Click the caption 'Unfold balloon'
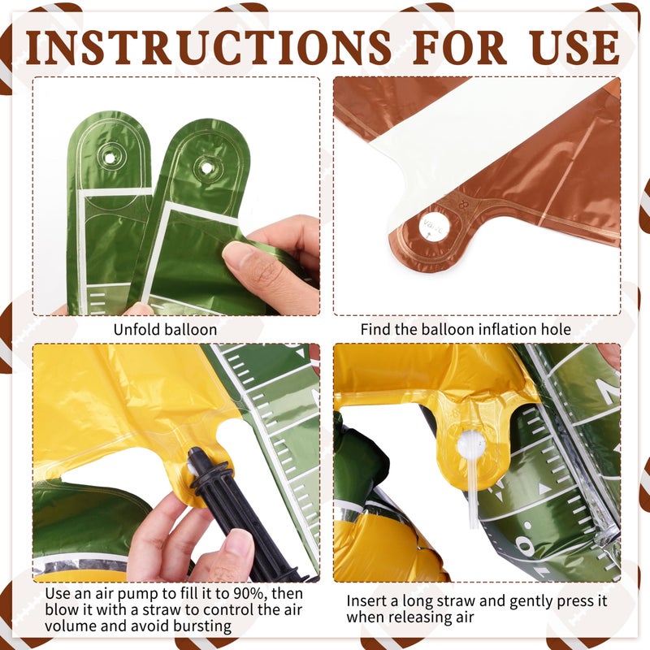(165, 330)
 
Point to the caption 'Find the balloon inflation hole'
(465, 330)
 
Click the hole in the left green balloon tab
(110, 158)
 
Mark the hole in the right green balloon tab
(206, 168)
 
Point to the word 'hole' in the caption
(554, 330)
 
